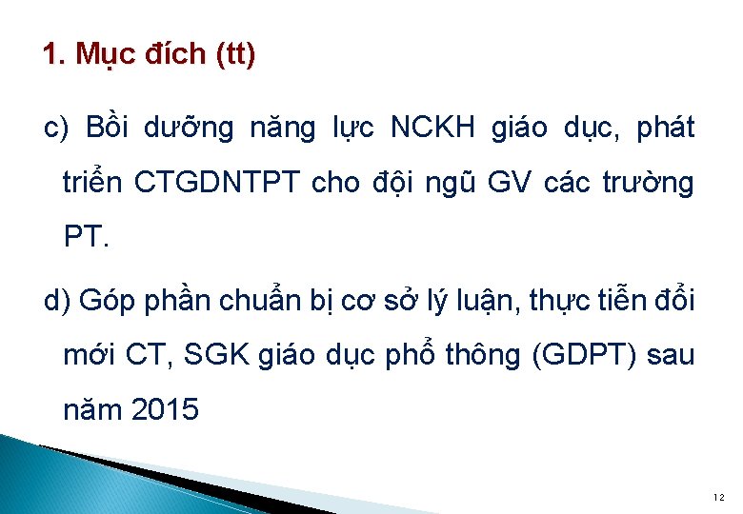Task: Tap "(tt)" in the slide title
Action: [235, 55]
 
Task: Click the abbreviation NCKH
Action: [432, 128]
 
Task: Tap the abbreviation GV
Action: [509, 183]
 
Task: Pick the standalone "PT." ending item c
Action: [87, 237]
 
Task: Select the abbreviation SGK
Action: [224, 356]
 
